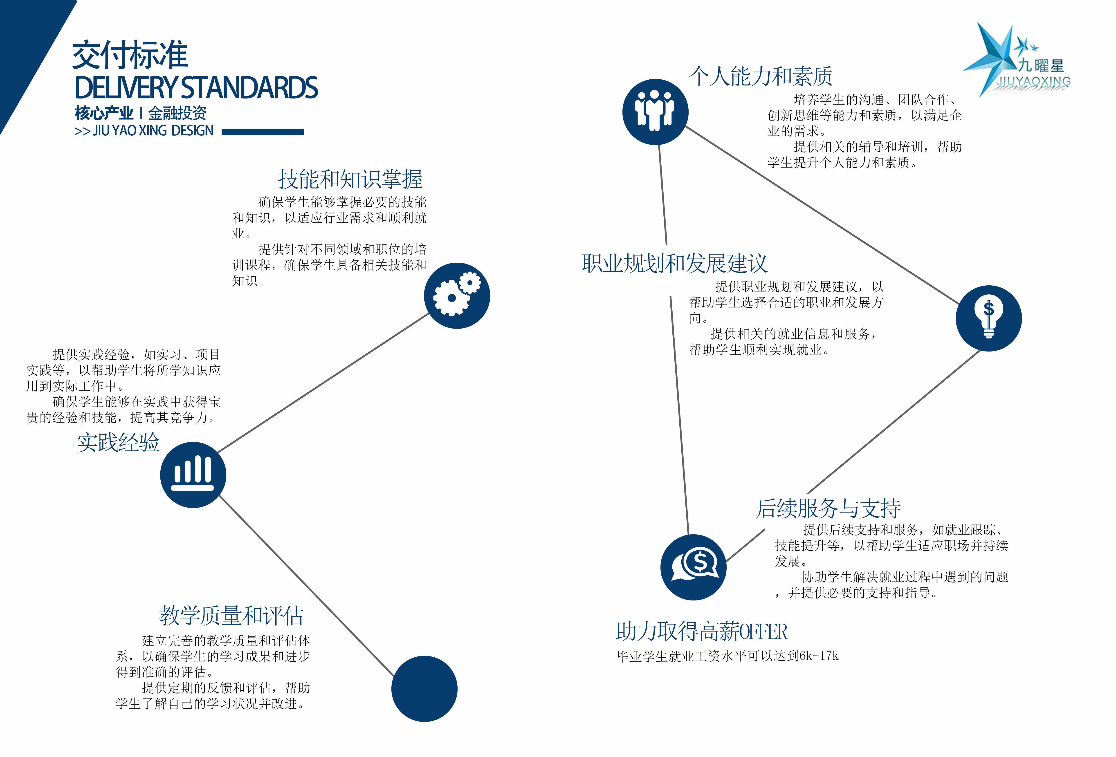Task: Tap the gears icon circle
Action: (x=457, y=296)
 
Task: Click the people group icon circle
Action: (x=655, y=112)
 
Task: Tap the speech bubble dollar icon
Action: (x=693, y=567)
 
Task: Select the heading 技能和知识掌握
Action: (x=350, y=179)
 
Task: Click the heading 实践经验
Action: (x=118, y=442)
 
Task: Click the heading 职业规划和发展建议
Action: (x=674, y=263)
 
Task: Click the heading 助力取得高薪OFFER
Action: (x=701, y=632)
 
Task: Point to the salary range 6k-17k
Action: (x=819, y=656)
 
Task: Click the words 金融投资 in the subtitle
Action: (x=177, y=113)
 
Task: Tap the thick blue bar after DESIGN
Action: (x=263, y=132)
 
